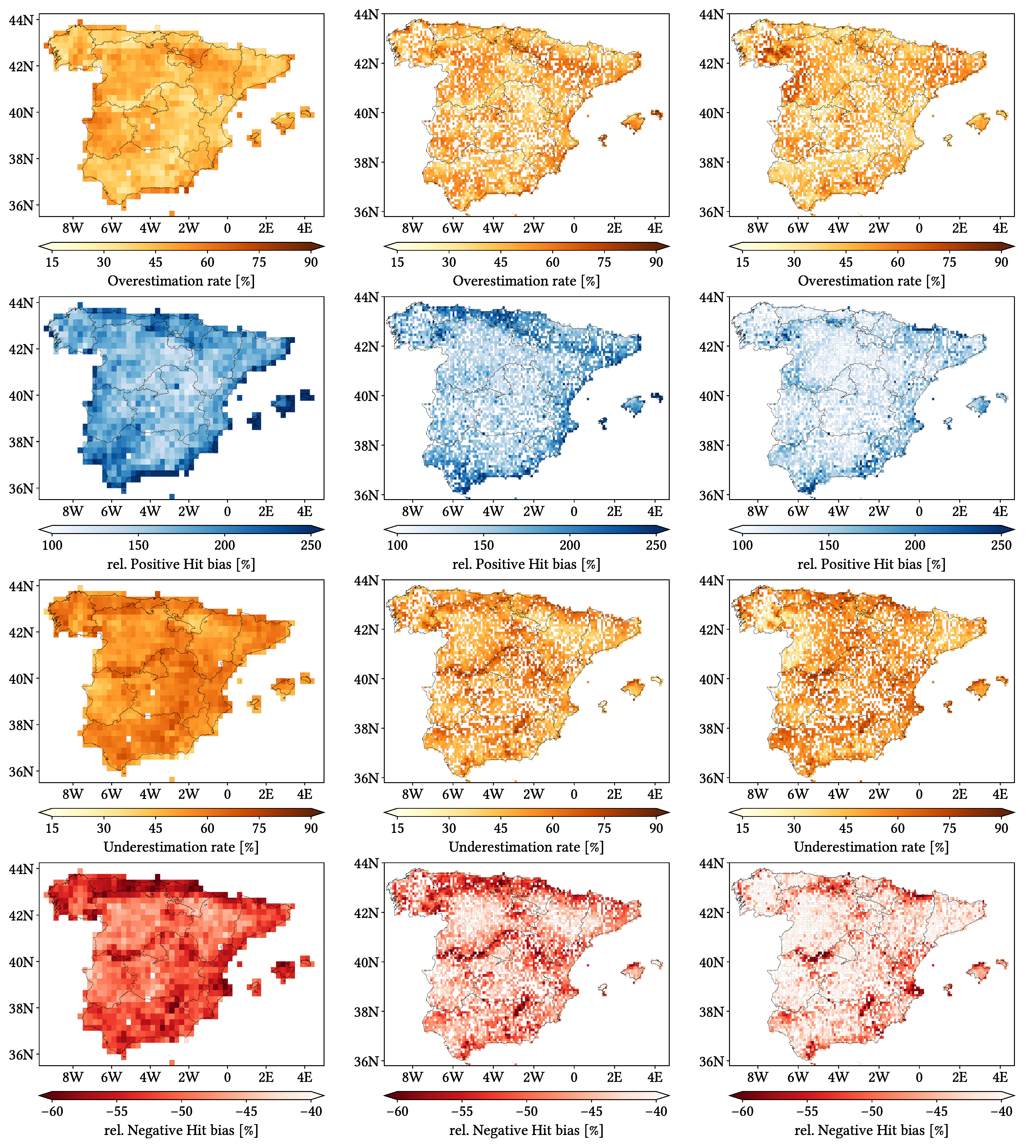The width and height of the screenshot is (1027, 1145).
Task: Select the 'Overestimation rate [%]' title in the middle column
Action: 526,281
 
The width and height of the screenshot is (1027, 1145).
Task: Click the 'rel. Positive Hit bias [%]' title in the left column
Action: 181,564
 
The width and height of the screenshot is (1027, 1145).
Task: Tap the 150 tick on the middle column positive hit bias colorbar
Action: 484,545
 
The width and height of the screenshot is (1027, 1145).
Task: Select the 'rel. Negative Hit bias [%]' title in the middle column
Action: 526,1130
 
